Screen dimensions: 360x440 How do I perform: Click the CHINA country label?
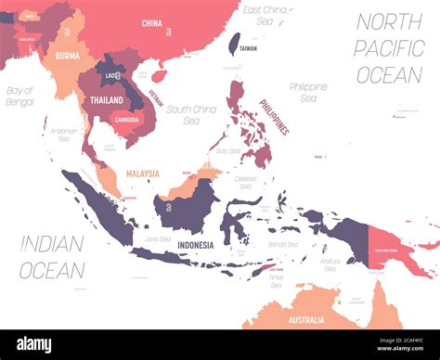tap(152, 22)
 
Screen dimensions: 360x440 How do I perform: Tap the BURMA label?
tap(67, 55)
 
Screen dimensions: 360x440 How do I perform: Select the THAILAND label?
tap(107, 99)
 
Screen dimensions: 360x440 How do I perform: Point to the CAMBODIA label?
tap(126, 119)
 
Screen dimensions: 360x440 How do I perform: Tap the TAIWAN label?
tap(248, 48)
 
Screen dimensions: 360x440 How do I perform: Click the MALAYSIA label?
tap(143, 174)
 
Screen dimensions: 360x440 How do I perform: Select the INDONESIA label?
tap(195, 245)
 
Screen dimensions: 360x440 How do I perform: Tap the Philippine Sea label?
tap(307, 92)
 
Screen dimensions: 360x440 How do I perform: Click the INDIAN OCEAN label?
tap(53, 257)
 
